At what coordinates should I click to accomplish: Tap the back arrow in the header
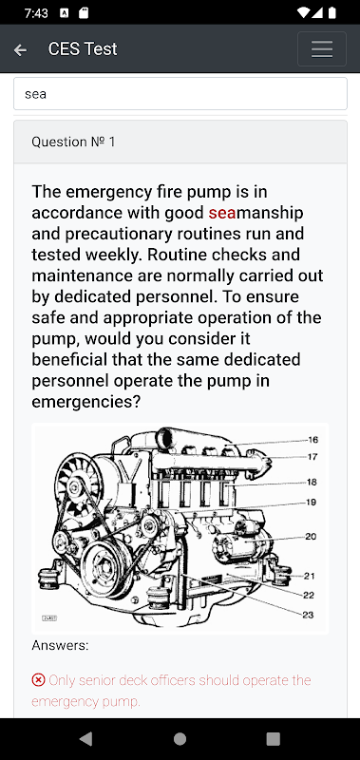(20, 49)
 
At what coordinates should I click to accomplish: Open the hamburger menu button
(322, 49)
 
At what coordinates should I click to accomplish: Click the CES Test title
(83, 49)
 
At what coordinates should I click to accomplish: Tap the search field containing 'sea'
(180, 93)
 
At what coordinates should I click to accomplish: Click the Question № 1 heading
(73, 142)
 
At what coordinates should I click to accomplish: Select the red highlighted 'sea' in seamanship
(222, 213)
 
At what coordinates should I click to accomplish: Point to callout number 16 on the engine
(313, 440)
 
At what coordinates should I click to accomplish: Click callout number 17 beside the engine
(313, 457)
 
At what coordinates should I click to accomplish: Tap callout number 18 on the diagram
(313, 482)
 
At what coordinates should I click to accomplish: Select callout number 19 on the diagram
(311, 503)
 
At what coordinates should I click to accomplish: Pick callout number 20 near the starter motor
(311, 536)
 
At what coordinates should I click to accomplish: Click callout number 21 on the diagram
(310, 576)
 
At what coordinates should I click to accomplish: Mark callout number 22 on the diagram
(309, 596)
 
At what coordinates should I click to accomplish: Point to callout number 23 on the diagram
(308, 615)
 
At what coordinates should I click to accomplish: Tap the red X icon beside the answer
(38, 680)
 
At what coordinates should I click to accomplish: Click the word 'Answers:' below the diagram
(60, 645)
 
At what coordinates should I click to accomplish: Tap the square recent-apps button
(274, 739)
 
